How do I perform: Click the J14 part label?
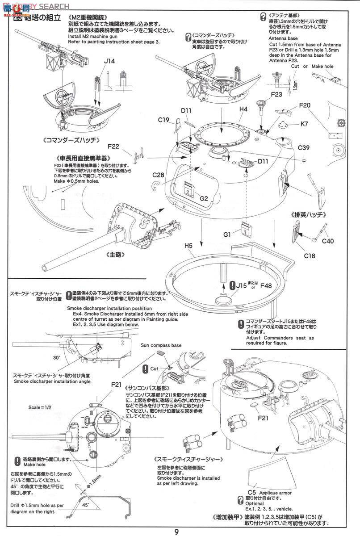click(109, 61)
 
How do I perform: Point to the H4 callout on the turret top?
click(243, 109)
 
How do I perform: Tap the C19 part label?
click(163, 120)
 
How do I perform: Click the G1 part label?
click(227, 234)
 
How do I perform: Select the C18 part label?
click(310, 256)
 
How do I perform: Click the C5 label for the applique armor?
click(251, 492)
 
